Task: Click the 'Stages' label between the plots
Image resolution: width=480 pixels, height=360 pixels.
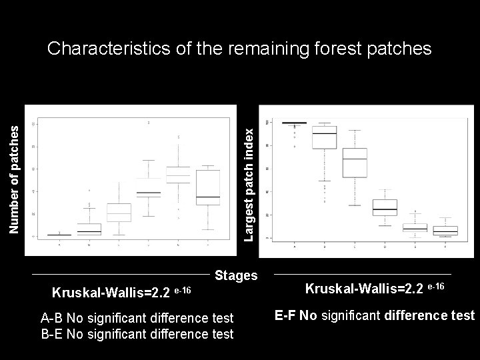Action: pos(237,275)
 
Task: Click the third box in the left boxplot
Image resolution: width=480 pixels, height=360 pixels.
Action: pos(119,213)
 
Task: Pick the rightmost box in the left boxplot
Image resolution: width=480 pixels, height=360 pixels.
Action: pos(208,187)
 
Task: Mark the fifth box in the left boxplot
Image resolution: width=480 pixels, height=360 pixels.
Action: pos(178,175)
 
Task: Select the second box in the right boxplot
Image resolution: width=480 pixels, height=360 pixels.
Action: pos(324,137)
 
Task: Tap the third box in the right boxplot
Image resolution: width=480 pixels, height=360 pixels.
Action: pos(355,163)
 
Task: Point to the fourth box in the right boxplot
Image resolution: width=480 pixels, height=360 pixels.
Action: pos(385,207)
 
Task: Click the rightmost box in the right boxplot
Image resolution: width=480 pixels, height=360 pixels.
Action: pos(445,231)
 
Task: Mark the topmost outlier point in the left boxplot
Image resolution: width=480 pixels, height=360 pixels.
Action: pos(148,123)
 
